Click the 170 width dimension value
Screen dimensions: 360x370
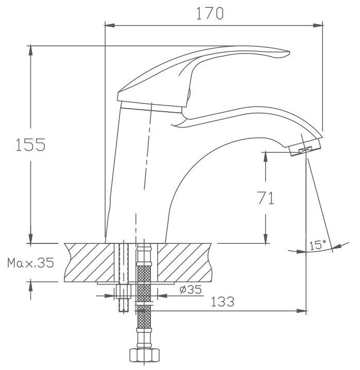click(x=210, y=13)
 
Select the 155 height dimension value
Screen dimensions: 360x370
click(x=30, y=145)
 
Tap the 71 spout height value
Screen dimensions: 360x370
click(x=266, y=198)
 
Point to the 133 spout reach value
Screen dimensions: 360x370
click(x=222, y=302)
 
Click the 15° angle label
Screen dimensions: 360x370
click(x=318, y=245)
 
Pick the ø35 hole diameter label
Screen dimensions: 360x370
click(x=191, y=289)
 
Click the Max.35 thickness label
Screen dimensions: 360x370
click(x=31, y=262)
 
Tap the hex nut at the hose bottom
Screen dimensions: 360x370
click(x=144, y=355)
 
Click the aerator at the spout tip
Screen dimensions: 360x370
click(x=305, y=148)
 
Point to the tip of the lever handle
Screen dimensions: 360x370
click(x=289, y=52)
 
